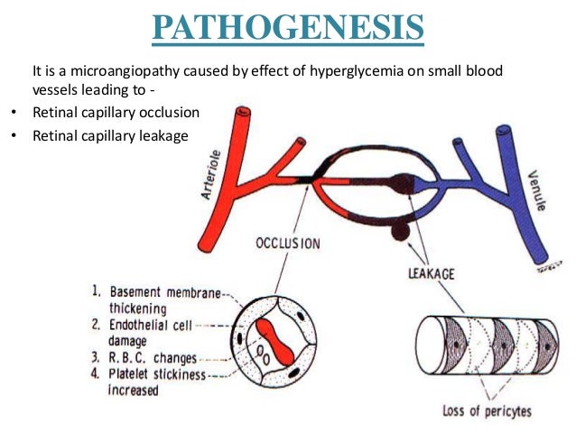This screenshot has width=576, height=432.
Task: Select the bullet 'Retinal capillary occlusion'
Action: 115,115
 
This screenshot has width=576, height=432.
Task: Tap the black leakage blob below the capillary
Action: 397,232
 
